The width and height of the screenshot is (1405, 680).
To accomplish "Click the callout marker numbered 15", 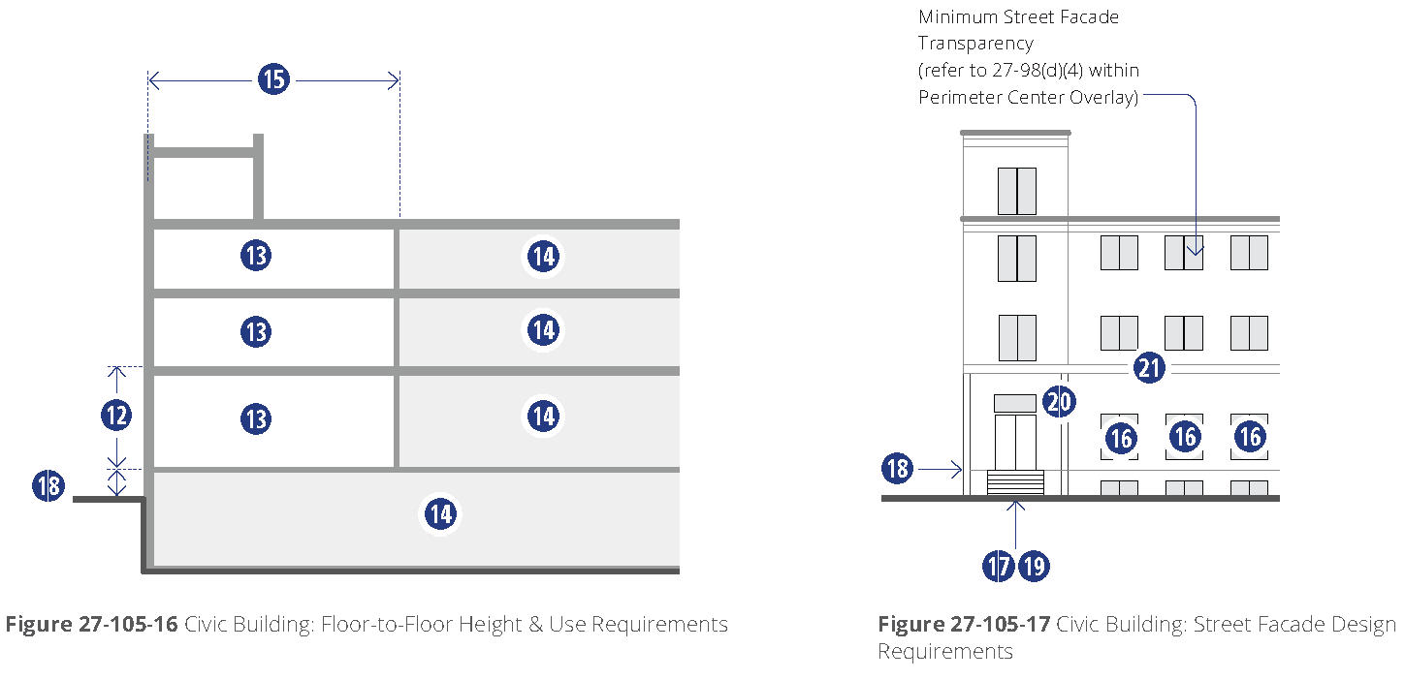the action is click(x=274, y=78).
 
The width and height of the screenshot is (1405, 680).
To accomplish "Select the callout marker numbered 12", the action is click(x=116, y=416).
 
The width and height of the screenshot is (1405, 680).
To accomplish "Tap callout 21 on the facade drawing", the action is click(x=1149, y=368).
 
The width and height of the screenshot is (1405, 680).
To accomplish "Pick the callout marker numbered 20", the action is click(x=1059, y=401).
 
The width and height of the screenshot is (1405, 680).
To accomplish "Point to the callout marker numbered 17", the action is click(x=999, y=566).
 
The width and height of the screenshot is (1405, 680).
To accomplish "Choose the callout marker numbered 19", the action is click(x=1034, y=566).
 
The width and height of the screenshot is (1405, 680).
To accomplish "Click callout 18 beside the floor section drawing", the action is click(x=48, y=485).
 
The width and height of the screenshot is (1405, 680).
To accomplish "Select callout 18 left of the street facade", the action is click(x=898, y=469).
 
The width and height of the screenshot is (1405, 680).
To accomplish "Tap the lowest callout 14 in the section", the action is click(x=440, y=513).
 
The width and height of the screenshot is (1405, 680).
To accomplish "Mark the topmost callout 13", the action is click(x=256, y=256).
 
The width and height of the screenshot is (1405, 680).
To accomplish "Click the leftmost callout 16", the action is click(x=1120, y=438).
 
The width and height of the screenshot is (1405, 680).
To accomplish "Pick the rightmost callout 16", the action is click(x=1250, y=437).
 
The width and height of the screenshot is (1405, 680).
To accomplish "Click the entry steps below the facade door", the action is click(x=1015, y=482).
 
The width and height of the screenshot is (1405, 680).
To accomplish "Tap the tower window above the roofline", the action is click(x=1016, y=191).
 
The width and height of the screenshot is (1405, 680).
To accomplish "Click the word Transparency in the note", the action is click(x=975, y=44).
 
